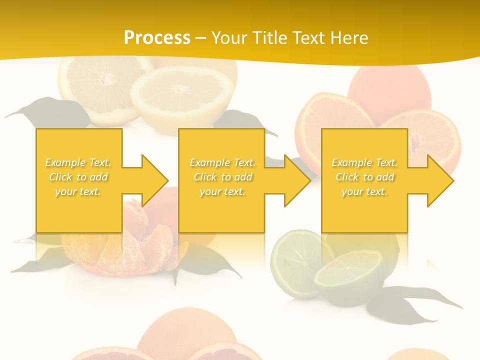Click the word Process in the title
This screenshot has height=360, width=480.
[157, 37]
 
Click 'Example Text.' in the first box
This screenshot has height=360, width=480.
[78, 162]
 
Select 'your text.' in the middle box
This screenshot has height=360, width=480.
[222, 191]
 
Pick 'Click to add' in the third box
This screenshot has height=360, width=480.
[365, 177]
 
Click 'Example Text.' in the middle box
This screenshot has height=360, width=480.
[222, 162]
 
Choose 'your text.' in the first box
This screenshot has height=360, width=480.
[78, 191]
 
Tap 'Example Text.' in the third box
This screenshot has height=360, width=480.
[365, 162]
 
